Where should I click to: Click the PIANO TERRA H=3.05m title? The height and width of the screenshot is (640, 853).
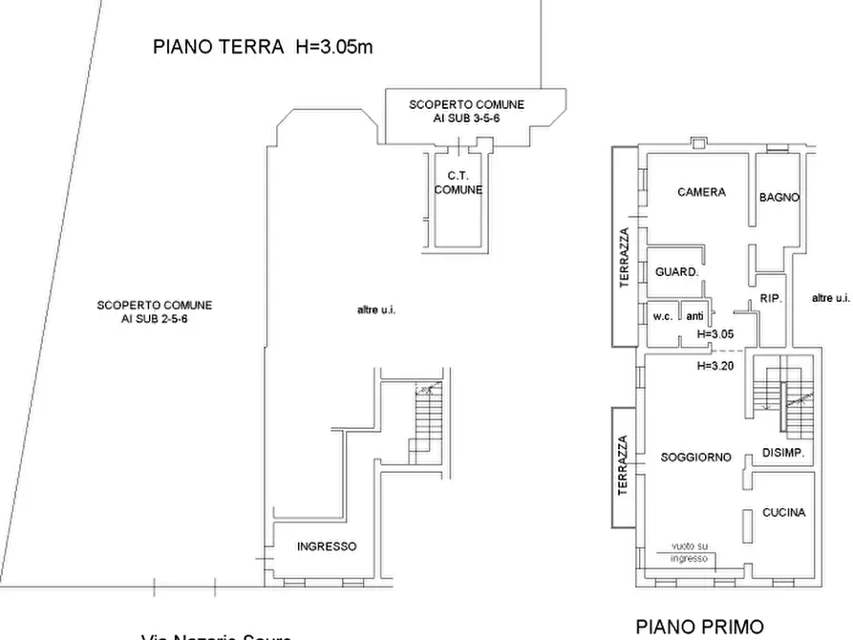pos(263,47)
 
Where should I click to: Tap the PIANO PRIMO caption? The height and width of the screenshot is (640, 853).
pos(699,627)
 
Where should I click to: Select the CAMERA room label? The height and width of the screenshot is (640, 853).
pos(700,192)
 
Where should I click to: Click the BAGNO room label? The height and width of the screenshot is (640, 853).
pos(778,198)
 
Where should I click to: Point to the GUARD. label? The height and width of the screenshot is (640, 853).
pos(676,272)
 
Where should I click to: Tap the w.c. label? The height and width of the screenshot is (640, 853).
pos(663,316)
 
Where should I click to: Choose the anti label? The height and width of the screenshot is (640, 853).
pos(695,316)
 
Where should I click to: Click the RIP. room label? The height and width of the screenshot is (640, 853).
pos(771,299)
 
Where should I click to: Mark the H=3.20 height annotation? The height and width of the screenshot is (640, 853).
pos(714,365)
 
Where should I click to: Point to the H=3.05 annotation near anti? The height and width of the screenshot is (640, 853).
pos(714,334)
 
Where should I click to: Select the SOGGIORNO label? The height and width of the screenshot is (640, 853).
pos(695,458)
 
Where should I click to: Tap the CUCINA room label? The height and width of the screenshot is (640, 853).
pos(783,513)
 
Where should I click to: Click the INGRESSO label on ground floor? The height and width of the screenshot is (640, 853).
pos(327,546)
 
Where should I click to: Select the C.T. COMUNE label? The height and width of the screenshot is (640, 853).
pos(457,182)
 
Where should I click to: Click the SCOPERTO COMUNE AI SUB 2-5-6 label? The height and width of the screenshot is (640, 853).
pos(154,311)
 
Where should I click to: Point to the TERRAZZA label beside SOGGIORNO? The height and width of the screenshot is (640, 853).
pos(622,465)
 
